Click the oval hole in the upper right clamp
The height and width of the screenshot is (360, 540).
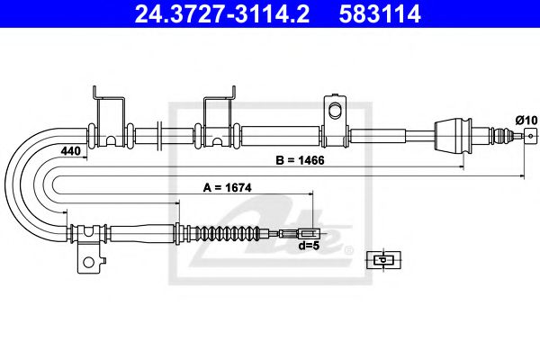[336, 111]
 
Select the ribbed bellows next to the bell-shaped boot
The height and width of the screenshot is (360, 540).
[496, 136]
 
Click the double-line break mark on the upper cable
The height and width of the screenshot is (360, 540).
[160, 136]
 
